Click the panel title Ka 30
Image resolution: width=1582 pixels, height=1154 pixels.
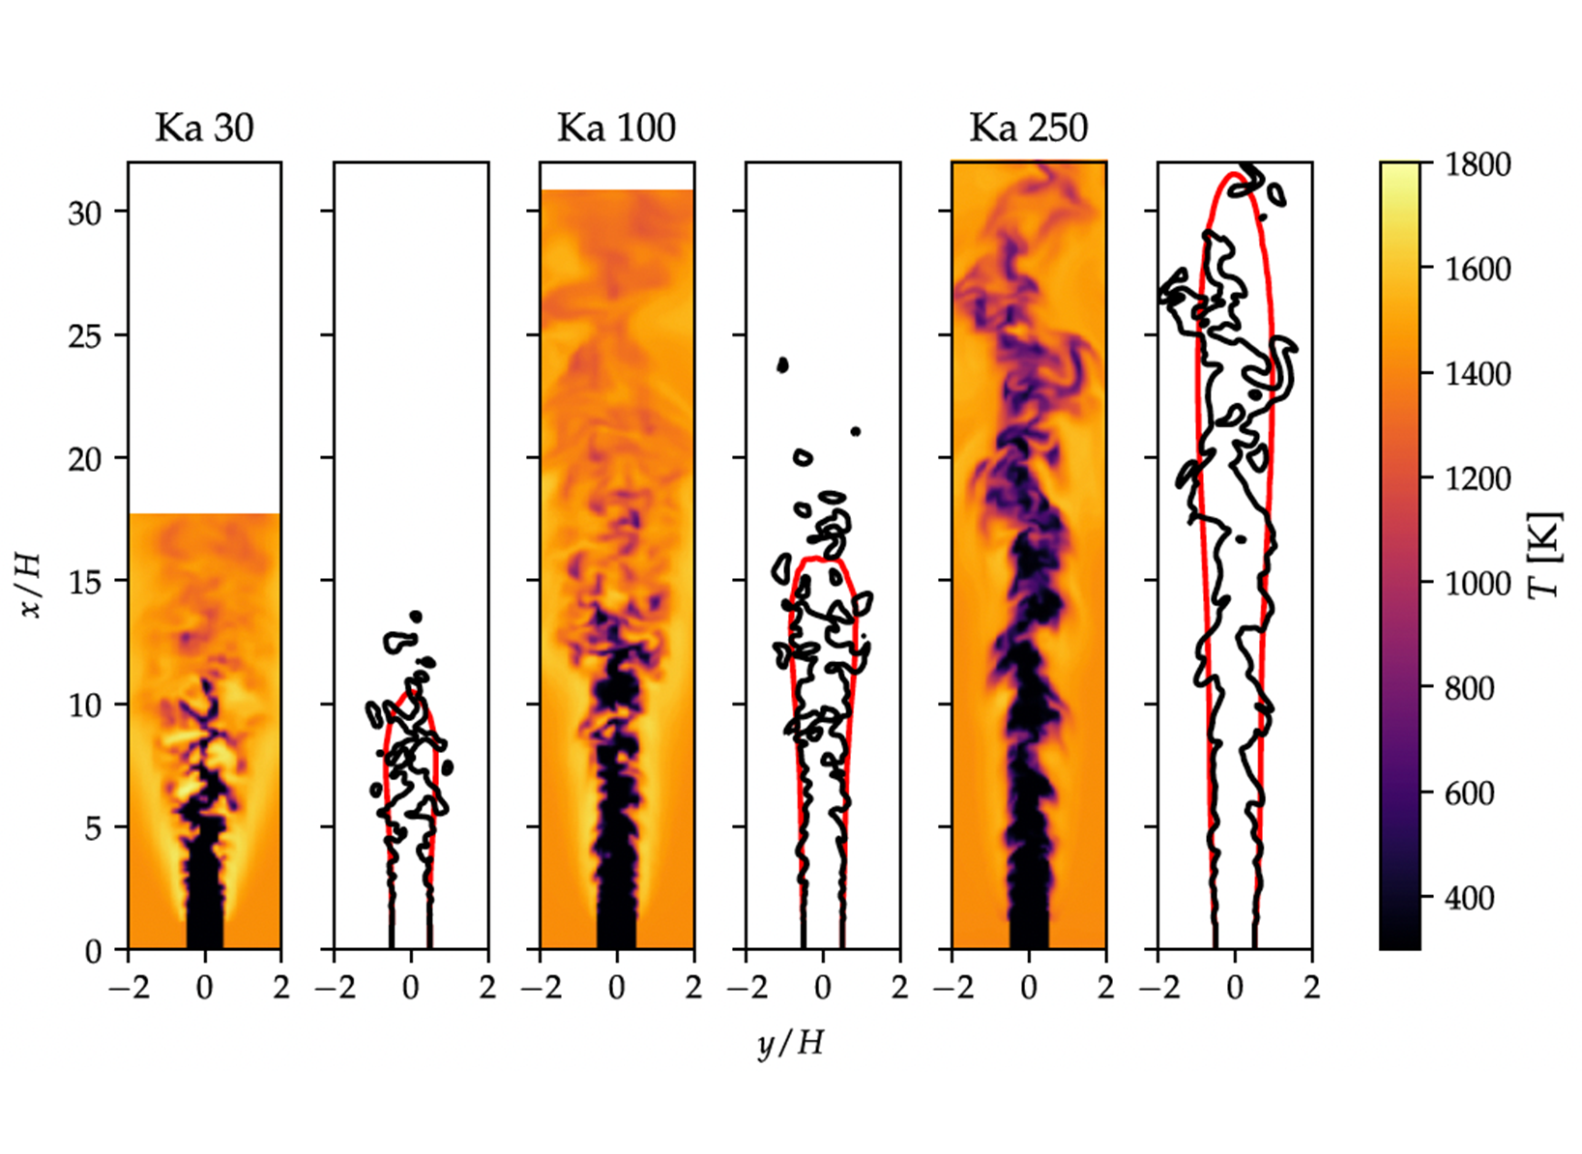(204, 128)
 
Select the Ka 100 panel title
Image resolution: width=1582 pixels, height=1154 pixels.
(616, 128)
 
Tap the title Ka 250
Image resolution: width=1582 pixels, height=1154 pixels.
(1028, 128)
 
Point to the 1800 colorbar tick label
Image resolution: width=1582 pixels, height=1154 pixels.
(1478, 164)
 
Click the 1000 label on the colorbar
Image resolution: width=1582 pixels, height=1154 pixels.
(1478, 584)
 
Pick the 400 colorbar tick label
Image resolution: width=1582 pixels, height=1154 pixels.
(1470, 899)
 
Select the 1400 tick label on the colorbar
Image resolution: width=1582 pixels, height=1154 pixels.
(1478, 374)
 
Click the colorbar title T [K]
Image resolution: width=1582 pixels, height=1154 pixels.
(1545, 555)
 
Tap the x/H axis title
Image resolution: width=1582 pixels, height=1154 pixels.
(33, 584)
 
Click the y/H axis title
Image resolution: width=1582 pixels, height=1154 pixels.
(790, 1044)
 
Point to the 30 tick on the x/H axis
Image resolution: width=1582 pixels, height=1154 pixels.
(85, 213)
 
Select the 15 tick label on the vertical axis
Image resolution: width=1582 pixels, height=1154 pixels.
(85, 582)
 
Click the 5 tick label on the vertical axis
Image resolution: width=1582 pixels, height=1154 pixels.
(93, 828)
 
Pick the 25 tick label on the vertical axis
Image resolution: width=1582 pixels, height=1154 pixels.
(85, 336)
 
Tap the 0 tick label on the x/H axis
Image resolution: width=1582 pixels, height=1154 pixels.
(93, 952)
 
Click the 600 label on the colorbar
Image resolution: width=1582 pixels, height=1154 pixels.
(1470, 793)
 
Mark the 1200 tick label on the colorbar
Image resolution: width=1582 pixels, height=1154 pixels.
(1478, 479)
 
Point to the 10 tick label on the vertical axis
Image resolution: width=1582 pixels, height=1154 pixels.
(85, 706)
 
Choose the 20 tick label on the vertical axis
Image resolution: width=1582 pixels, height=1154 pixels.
(85, 459)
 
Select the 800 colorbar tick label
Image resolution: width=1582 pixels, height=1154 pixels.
(1470, 689)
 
